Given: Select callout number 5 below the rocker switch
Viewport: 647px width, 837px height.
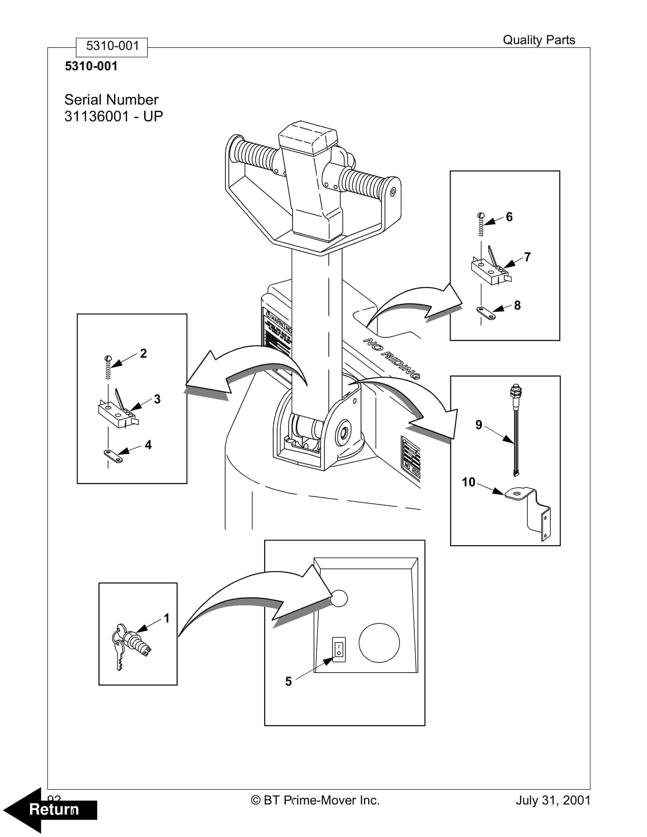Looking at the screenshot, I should pos(288,681).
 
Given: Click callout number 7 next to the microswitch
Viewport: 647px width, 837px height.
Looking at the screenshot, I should pos(528,257).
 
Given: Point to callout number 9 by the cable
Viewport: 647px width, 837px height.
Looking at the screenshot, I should pos(479,425).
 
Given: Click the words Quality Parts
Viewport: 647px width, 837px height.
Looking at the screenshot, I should pos(539,40).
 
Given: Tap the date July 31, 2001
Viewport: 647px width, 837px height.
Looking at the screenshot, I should pos(553,800).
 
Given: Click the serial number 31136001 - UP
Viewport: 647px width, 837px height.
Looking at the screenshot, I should pos(113,116).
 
